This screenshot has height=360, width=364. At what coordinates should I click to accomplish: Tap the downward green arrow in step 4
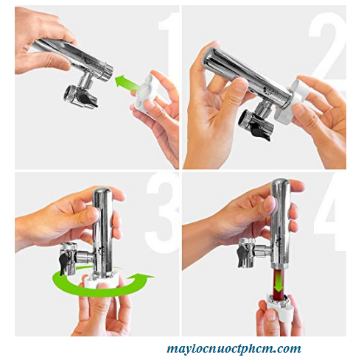tap(279, 280)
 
